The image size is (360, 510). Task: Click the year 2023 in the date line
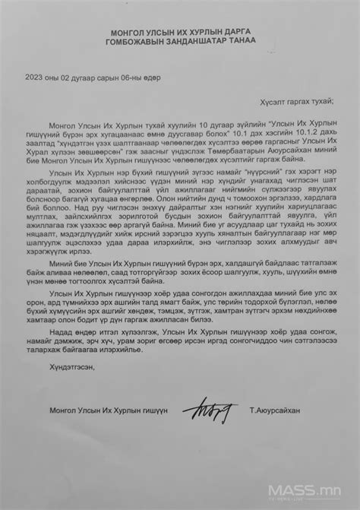[35, 76]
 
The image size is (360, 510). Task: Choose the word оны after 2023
[54, 76]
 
